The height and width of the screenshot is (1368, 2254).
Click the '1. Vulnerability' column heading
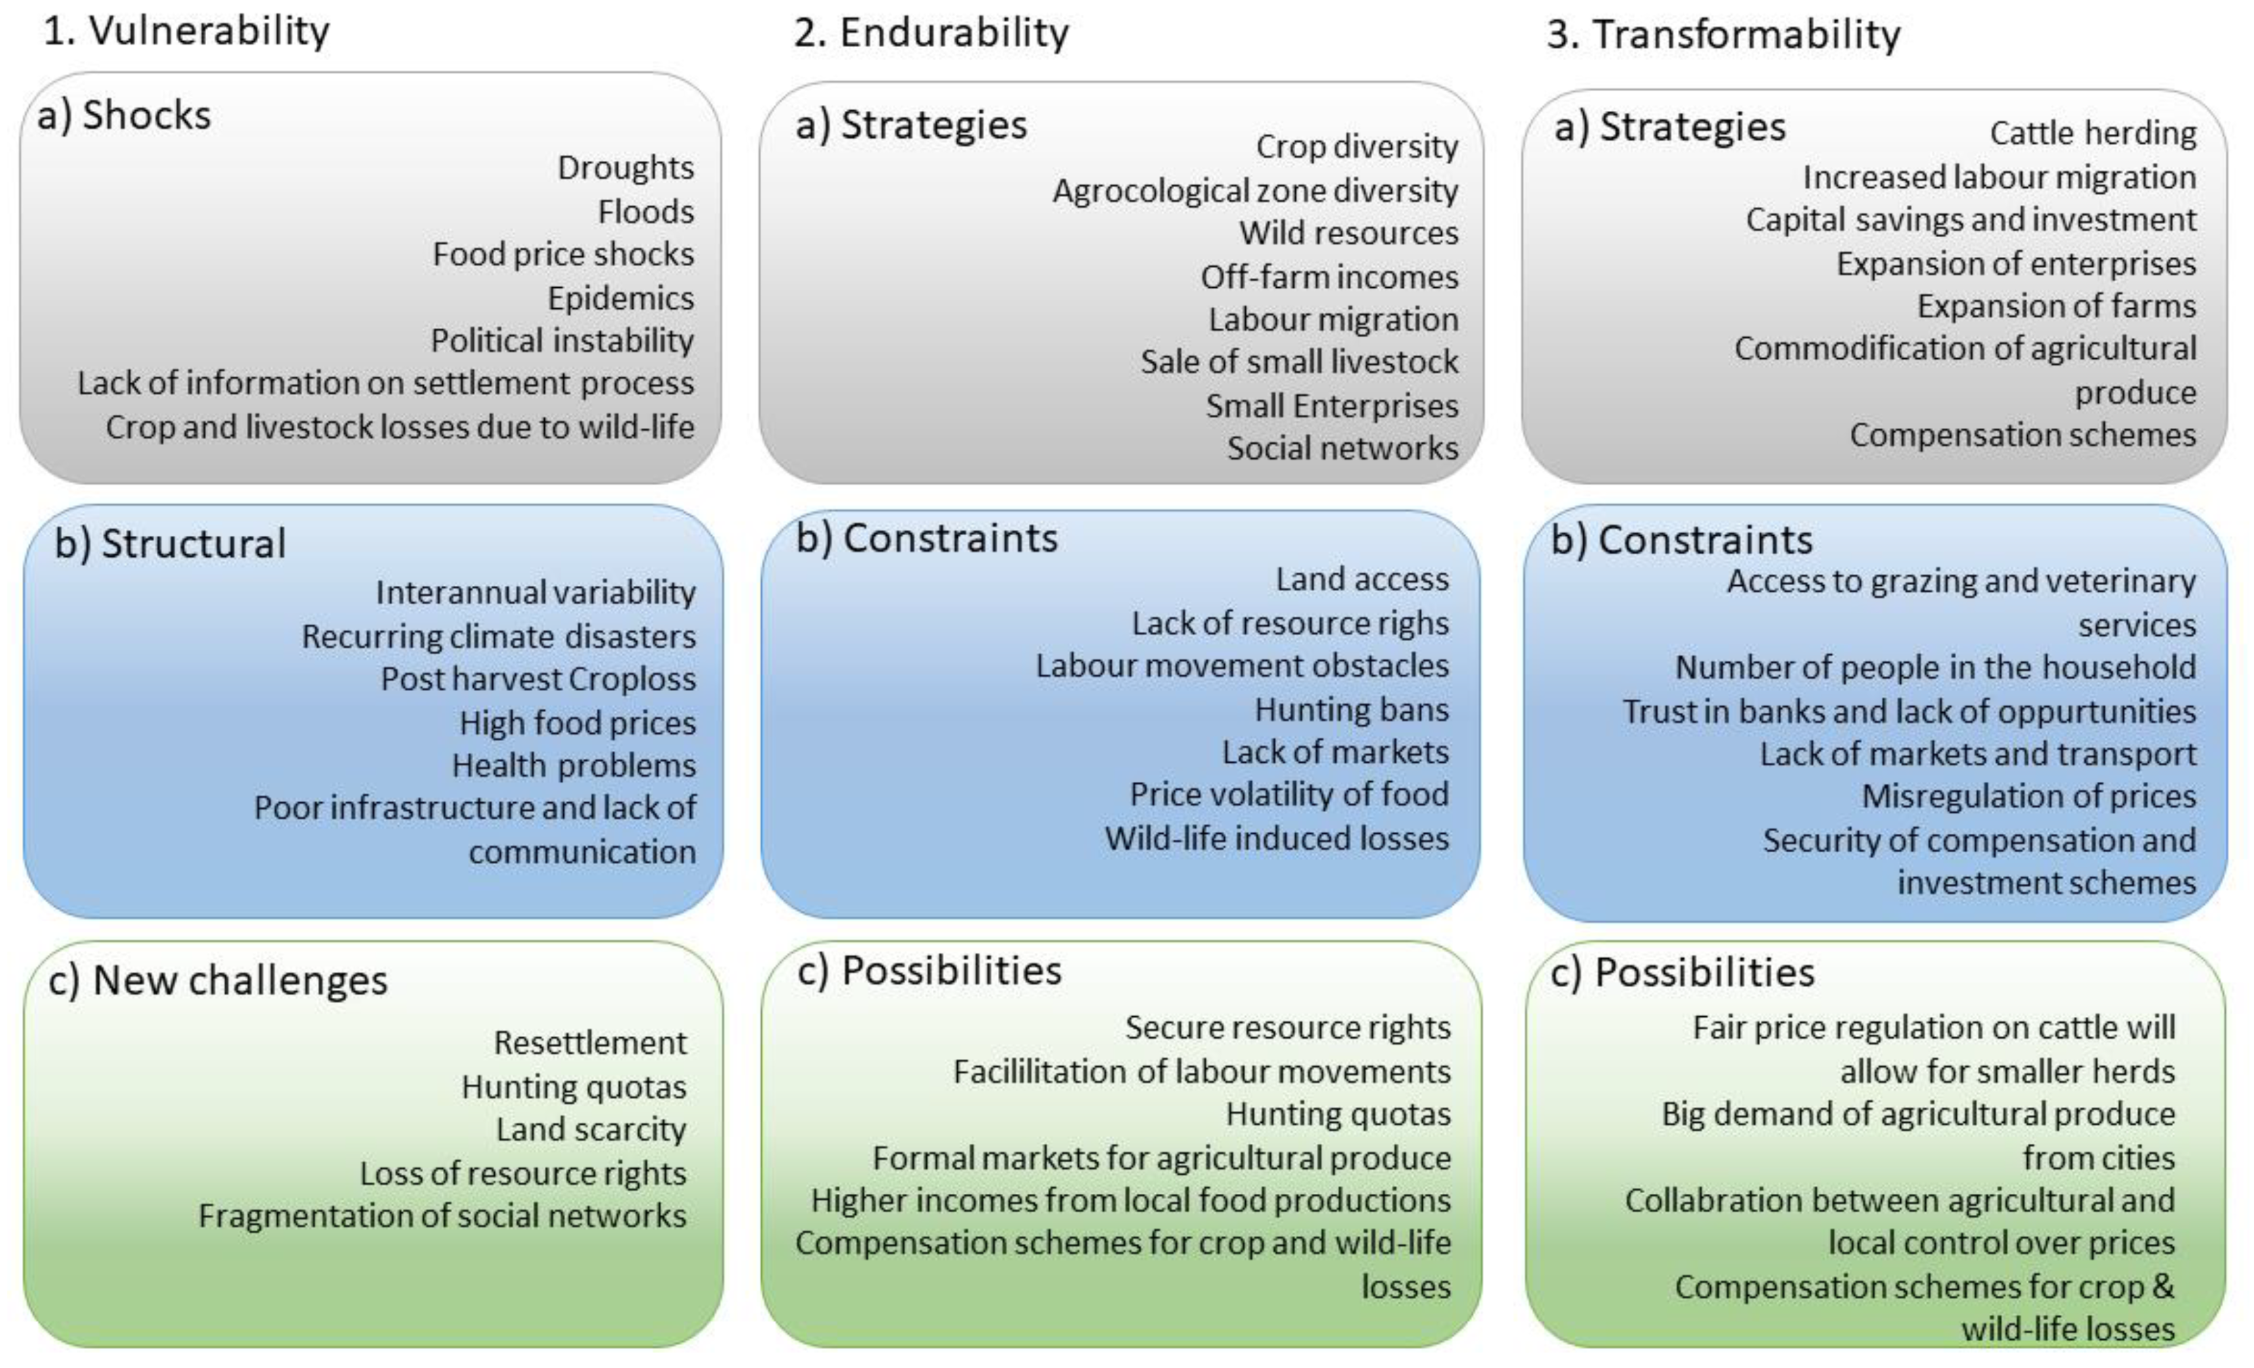(x=187, y=32)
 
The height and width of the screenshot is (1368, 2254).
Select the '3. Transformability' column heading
(x=1723, y=35)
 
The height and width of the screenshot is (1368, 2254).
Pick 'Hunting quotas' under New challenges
(x=574, y=1087)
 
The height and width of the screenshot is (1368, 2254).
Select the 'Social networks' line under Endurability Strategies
(x=1342, y=448)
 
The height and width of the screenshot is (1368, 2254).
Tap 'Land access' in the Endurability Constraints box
(x=1362, y=579)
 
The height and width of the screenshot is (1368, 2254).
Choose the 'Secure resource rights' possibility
(x=1287, y=1028)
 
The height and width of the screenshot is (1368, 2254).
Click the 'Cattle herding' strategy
(x=2093, y=134)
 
